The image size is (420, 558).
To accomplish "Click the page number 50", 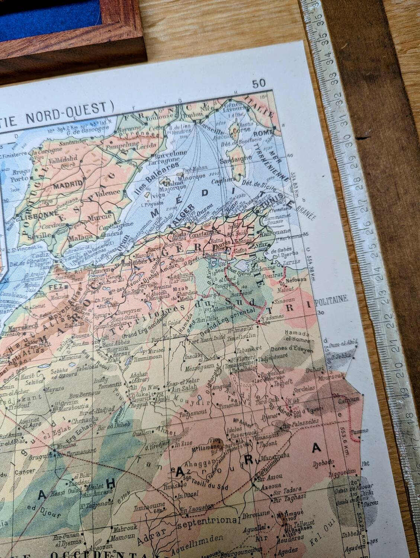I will tap(259, 83).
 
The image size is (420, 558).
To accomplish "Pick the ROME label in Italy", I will tap(263, 134).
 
